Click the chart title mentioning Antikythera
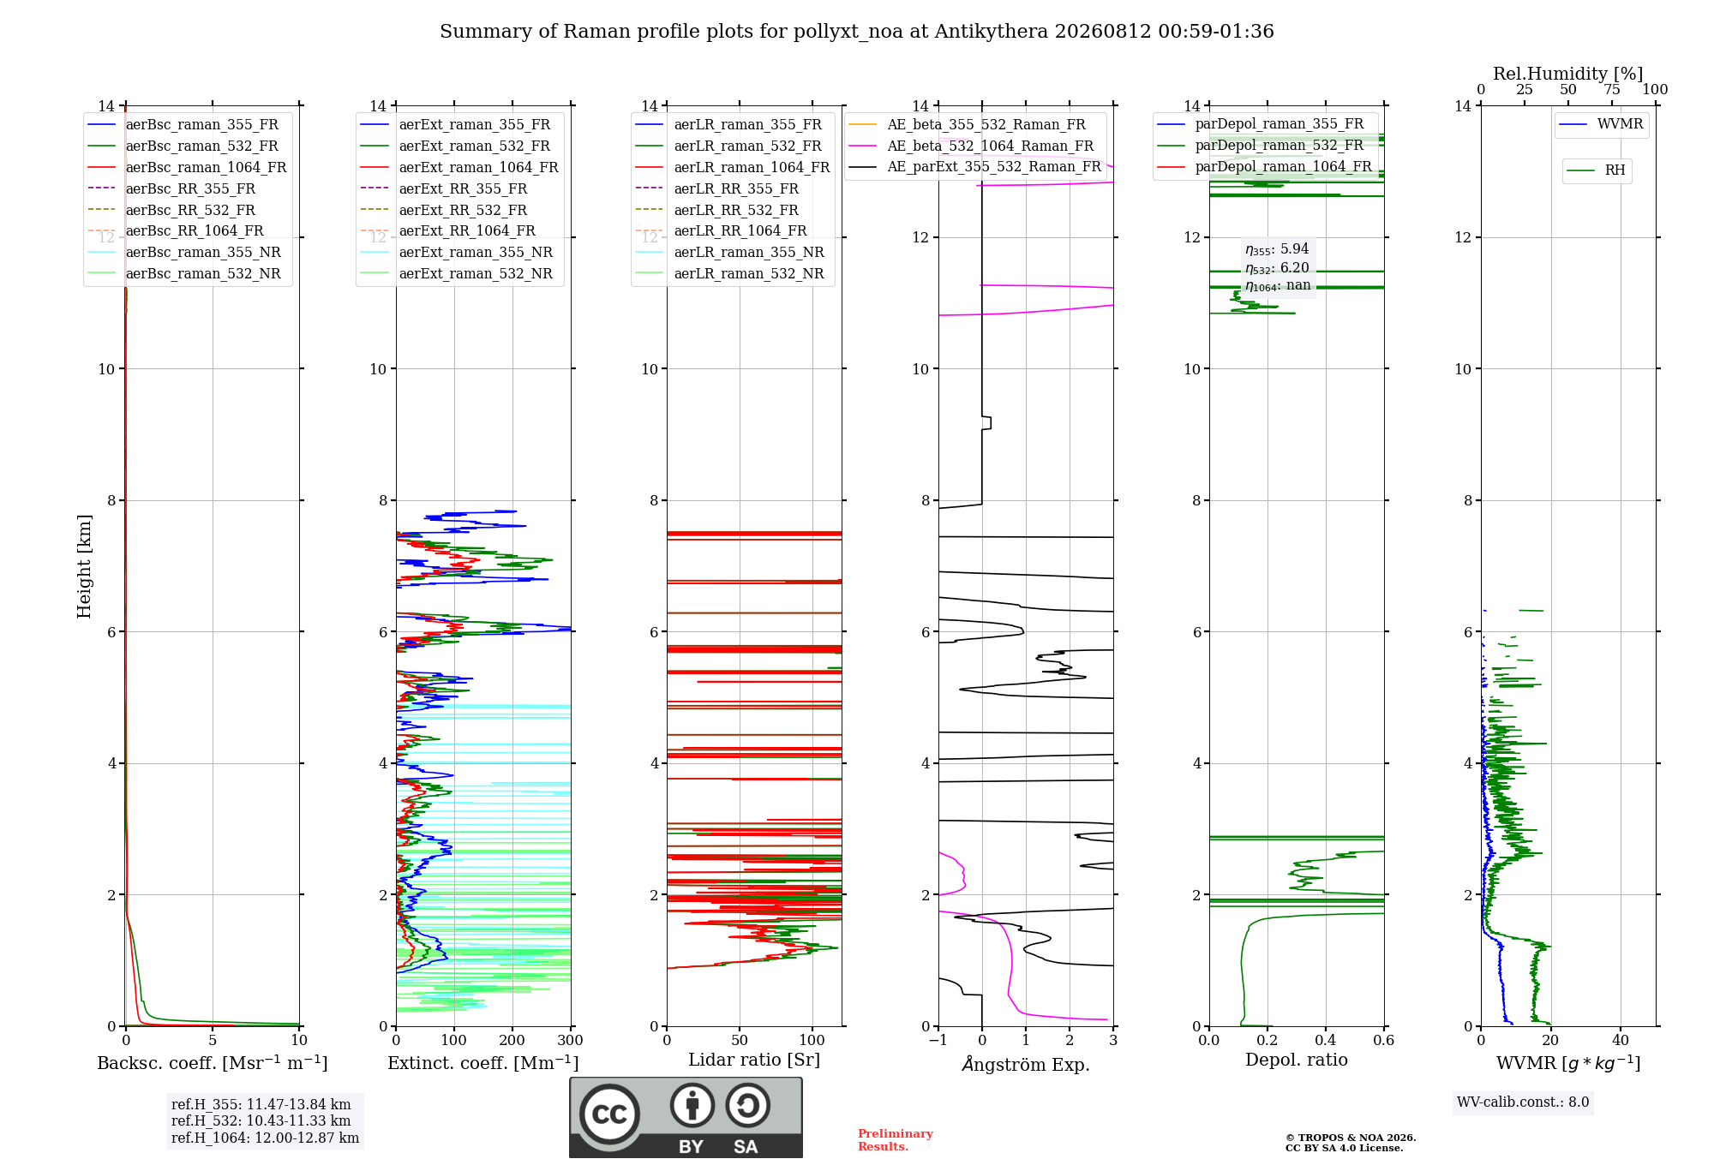[857, 32]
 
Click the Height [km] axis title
[84, 566]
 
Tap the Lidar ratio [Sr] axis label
[754, 1060]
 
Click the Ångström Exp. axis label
[1026, 1064]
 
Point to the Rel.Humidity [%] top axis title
[1568, 74]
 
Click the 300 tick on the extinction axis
[571, 1041]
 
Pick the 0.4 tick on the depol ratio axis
[1326, 1041]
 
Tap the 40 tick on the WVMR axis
[1621, 1041]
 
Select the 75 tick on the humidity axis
[1612, 90]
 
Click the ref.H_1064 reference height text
[265, 1138]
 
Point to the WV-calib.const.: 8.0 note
[1523, 1102]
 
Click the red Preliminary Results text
[896, 1140]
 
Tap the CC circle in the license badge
[609, 1114]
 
